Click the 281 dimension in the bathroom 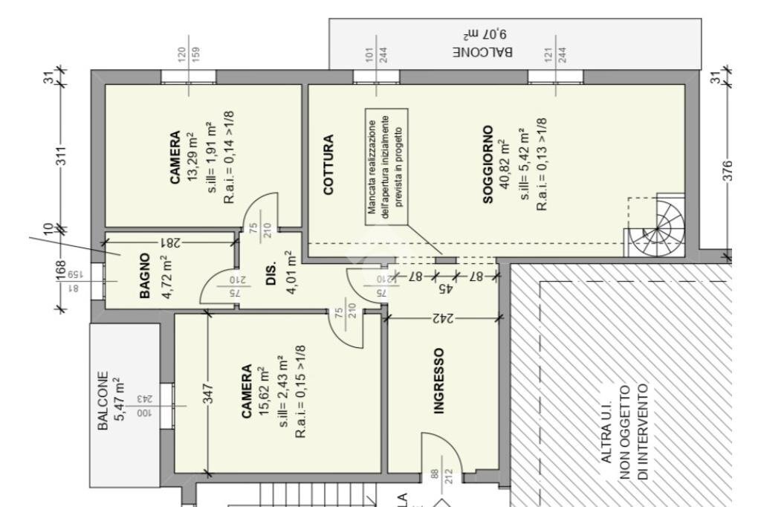(170, 242)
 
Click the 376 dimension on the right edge (728, 170)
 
